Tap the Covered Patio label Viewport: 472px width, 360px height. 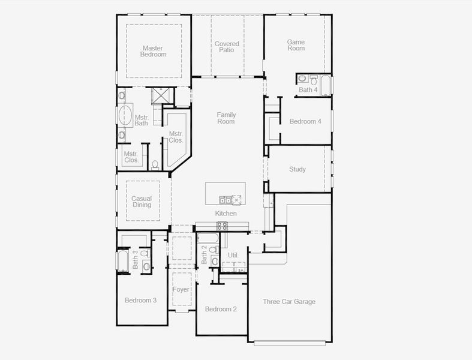(227, 47)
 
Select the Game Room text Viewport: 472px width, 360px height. (296, 45)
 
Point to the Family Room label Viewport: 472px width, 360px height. (226, 118)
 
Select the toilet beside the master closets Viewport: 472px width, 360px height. (155, 164)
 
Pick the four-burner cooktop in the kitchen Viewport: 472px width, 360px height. (222, 226)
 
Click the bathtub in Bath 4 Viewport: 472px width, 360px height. (325, 86)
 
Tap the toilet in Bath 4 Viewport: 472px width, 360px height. (302, 79)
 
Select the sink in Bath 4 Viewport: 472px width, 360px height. (313, 79)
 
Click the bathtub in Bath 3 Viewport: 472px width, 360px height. (122, 260)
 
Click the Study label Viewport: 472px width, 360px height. (297, 169)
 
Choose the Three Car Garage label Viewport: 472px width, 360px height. (289, 302)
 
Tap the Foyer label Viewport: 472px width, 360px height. (181, 290)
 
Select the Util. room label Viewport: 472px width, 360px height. (233, 255)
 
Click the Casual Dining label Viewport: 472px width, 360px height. (142, 202)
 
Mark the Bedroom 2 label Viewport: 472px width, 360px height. (221, 309)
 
